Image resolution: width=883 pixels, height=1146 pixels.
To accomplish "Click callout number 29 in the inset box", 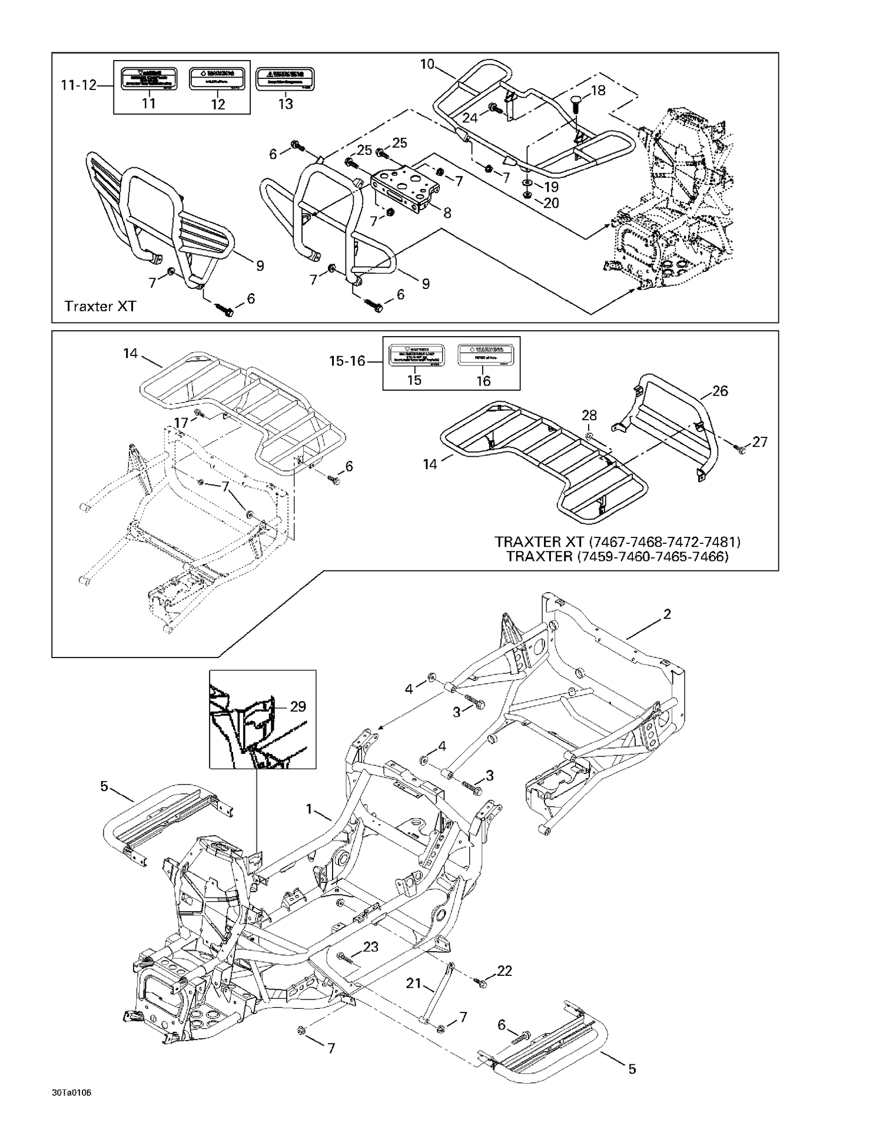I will (x=298, y=706).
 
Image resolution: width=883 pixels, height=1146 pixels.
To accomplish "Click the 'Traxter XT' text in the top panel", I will (x=100, y=306).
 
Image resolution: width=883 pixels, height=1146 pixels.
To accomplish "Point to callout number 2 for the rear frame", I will (x=667, y=614).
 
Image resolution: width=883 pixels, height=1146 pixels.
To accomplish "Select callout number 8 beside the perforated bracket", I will (x=447, y=213).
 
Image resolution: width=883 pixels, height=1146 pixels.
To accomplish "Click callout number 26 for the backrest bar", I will (x=720, y=391).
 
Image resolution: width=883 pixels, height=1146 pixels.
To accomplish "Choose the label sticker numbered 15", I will (x=414, y=355).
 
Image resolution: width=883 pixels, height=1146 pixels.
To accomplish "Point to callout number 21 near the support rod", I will (x=414, y=983).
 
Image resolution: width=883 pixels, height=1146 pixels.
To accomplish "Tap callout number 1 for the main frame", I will (x=309, y=809).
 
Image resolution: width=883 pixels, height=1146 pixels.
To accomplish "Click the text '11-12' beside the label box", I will (x=78, y=85).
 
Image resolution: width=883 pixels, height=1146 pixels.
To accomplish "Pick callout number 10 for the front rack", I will (x=427, y=64).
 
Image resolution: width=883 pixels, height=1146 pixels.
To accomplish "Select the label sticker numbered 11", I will (x=149, y=78).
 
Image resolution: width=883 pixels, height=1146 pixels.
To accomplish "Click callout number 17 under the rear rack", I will (x=181, y=423).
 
